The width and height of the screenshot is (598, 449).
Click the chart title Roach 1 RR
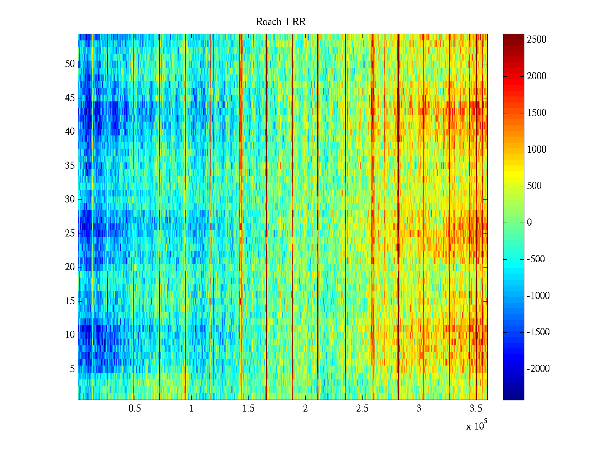click(281, 22)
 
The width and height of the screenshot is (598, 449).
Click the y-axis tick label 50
click(70, 64)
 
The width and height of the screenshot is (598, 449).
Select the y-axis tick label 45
click(70, 98)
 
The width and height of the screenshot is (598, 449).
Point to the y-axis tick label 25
click(70, 233)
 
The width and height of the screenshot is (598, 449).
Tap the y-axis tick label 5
click(72, 369)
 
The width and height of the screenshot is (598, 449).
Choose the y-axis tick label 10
click(70, 335)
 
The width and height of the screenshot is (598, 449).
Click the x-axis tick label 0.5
click(135, 409)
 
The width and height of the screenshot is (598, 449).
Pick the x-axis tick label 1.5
click(249, 409)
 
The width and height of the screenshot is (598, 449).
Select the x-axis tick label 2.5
click(362, 409)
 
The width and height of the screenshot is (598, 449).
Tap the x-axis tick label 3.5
click(476, 409)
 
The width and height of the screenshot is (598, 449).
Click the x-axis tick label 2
click(305, 409)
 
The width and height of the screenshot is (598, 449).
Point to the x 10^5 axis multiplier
click(476, 426)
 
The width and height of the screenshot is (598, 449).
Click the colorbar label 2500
click(537, 40)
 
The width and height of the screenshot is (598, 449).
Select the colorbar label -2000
click(538, 369)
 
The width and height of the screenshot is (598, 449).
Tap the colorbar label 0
click(529, 223)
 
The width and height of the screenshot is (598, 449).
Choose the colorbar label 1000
click(537, 150)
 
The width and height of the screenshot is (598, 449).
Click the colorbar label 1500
click(537, 113)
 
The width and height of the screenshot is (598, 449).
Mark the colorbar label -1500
click(538, 332)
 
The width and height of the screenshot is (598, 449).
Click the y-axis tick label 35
click(70, 166)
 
